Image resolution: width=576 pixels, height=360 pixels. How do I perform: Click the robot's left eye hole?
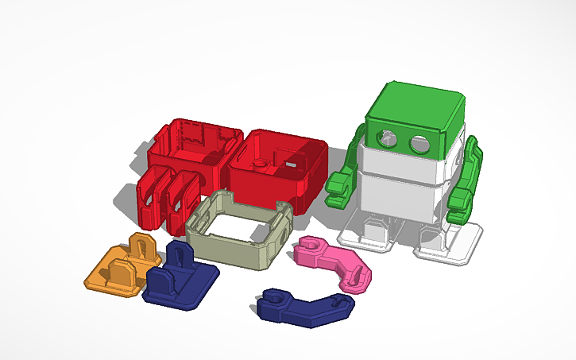point(386,136)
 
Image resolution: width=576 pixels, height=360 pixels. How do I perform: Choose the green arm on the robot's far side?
point(465,179)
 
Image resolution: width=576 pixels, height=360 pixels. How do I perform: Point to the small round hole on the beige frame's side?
point(280,237)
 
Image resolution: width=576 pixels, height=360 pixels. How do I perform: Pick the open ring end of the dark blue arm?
point(273,301)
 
